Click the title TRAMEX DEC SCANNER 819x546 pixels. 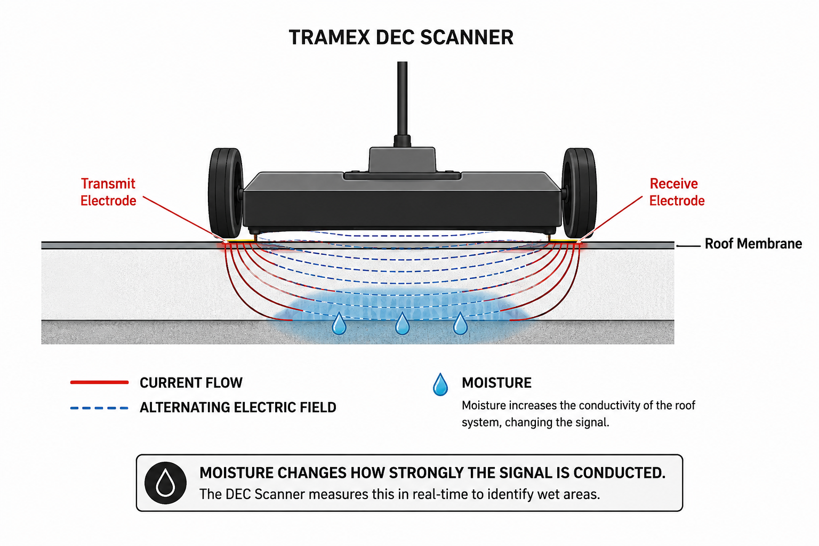point(401,37)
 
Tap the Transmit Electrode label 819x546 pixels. point(108,192)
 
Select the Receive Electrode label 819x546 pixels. point(677,192)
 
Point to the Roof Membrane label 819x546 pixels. point(753,244)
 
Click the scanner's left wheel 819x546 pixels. point(226,193)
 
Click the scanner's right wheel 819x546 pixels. point(579,193)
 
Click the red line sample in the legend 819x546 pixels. point(100,382)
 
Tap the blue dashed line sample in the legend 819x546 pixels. point(100,408)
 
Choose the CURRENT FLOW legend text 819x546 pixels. point(191,383)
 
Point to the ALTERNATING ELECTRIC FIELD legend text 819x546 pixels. point(238,407)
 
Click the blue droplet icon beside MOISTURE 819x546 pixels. point(440,384)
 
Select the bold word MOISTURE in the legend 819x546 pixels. point(496,383)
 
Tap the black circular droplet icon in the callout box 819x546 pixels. point(165,483)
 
